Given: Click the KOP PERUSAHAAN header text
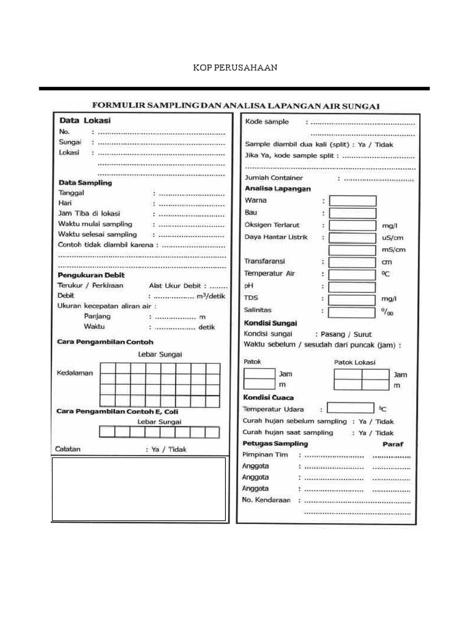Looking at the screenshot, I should [x=235, y=67].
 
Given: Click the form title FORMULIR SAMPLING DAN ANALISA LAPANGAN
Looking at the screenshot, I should [x=236, y=105].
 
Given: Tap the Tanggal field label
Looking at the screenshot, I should [x=71, y=192].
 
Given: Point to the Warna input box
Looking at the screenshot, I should [x=352, y=201].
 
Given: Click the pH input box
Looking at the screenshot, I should [x=352, y=287].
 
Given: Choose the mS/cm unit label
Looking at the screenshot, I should [x=393, y=250].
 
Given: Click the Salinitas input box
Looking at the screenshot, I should [x=352, y=312].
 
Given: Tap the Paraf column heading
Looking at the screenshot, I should [x=393, y=444].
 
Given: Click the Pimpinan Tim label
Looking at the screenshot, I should [x=264, y=455].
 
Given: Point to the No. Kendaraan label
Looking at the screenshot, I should [x=266, y=500].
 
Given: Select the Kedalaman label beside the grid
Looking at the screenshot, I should [x=75, y=374].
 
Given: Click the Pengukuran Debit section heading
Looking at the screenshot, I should [x=91, y=275].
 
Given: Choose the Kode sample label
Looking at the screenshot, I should [x=267, y=122].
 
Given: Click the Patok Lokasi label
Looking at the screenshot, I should [x=355, y=362].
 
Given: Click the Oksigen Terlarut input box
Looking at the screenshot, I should [x=352, y=225].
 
